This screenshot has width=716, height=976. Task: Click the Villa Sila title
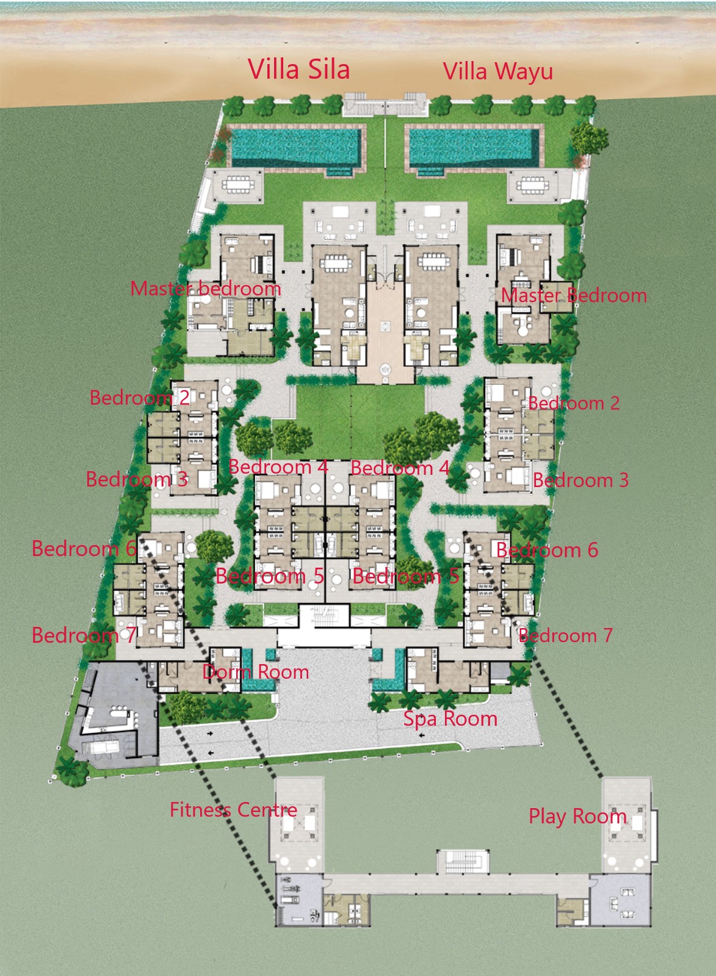299,70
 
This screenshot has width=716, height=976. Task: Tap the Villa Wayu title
497,71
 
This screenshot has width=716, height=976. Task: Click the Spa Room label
450,718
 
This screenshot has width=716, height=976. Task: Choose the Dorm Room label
256,672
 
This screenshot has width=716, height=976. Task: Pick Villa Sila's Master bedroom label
206,289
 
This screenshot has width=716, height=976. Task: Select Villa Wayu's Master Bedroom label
574,295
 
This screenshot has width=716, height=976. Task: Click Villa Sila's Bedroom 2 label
139,397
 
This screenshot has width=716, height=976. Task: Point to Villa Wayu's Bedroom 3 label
580,480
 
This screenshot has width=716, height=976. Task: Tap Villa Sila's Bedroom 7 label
83,635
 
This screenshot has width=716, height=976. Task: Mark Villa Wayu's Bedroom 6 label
547,551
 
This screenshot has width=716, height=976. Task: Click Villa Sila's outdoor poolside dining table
238,185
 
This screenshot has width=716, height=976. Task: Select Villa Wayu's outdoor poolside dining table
532,185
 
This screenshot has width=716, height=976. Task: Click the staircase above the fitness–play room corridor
463,861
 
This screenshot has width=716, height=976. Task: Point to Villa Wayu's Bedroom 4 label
400,468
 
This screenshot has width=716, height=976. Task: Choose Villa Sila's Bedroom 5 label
270,576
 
